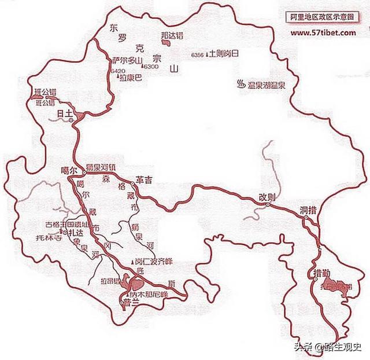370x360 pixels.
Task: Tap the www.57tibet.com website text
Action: point(323,33)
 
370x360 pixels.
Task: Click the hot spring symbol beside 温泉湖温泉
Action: point(239,86)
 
